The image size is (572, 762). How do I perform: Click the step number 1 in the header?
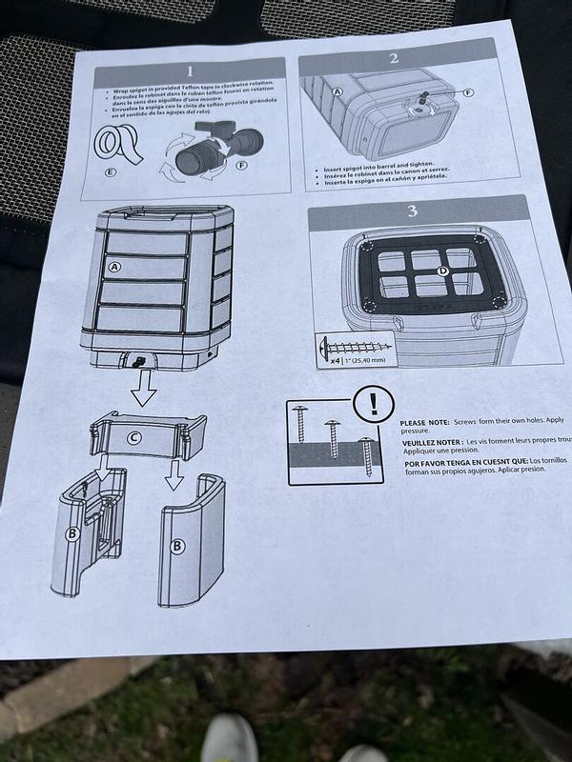(x=189, y=70)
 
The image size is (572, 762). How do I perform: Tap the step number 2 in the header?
(x=392, y=58)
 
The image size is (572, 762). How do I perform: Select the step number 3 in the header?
(x=412, y=211)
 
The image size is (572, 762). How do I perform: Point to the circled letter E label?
(x=112, y=172)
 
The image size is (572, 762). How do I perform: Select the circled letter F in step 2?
(x=467, y=92)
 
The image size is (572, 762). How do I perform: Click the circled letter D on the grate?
(x=441, y=271)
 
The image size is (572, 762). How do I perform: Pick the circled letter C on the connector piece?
(x=133, y=438)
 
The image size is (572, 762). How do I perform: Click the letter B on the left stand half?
(x=71, y=533)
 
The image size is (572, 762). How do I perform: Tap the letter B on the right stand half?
(x=176, y=546)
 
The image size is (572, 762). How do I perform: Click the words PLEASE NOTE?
(x=425, y=422)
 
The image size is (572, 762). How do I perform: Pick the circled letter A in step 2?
(x=337, y=92)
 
